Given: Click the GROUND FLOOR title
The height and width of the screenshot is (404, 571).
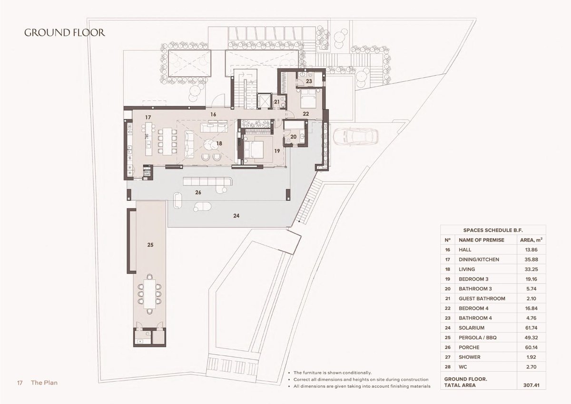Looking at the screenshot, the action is pyautogui.click(x=65, y=33).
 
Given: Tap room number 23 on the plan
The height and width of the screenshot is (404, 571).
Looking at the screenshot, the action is pyautogui.click(x=309, y=81).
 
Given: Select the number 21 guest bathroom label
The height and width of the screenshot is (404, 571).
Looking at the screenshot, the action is pyautogui.click(x=277, y=102).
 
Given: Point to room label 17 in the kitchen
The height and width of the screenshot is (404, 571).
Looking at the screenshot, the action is pyautogui.click(x=148, y=117).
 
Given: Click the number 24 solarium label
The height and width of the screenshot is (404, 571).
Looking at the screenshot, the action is pyautogui.click(x=236, y=216).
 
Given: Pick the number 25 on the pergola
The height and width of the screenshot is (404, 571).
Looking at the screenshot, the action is pyautogui.click(x=150, y=245).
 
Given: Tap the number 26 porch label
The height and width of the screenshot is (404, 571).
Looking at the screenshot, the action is pyautogui.click(x=198, y=192).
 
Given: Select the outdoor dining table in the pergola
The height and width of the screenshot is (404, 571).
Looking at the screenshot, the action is pyautogui.click(x=149, y=294).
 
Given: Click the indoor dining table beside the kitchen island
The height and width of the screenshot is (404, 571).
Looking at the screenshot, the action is pyautogui.click(x=167, y=141).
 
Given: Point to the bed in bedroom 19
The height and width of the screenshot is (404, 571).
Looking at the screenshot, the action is pyautogui.click(x=253, y=149).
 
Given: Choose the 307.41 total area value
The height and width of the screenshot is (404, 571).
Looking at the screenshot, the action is pyautogui.click(x=531, y=385).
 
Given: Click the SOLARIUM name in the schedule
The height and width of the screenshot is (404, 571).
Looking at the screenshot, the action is pyautogui.click(x=472, y=328).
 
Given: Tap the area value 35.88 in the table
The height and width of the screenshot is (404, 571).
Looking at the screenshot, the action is pyautogui.click(x=531, y=259).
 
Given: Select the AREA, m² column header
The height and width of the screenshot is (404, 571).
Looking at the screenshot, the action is pyautogui.click(x=531, y=240).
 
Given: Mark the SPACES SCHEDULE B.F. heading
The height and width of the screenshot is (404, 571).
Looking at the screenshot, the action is pyautogui.click(x=493, y=230).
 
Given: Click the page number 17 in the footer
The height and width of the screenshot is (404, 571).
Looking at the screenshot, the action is pyautogui.click(x=20, y=383).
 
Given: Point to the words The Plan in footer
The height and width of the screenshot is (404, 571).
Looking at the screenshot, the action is pyautogui.click(x=44, y=383).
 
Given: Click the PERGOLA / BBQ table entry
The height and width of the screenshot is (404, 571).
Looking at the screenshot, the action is pyautogui.click(x=477, y=338).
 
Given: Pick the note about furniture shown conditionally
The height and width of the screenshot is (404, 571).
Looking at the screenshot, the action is pyautogui.click(x=333, y=373).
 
